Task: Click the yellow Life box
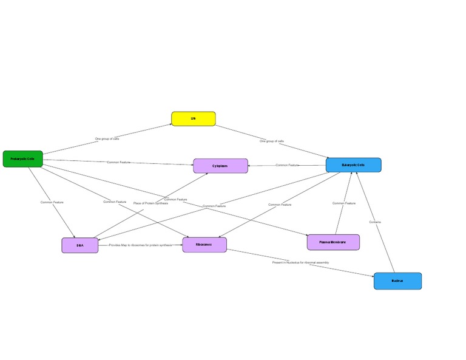click(x=193, y=118)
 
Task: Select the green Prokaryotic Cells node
click(x=22, y=159)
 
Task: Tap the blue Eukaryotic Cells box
click(x=353, y=165)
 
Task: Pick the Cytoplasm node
click(x=220, y=166)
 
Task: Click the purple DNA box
click(x=79, y=245)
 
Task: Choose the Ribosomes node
click(x=204, y=245)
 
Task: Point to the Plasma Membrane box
click(x=333, y=242)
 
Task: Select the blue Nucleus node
click(x=397, y=281)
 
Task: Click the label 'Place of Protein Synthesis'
click(x=150, y=203)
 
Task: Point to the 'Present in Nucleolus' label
click(x=300, y=262)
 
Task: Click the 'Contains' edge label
click(x=375, y=222)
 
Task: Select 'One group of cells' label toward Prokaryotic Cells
click(x=107, y=139)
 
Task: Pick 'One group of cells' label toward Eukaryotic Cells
click(x=272, y=141)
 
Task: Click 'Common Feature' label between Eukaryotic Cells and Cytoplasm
click(x=288, y=165)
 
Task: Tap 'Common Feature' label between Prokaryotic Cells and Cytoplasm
click(x=119, y=162)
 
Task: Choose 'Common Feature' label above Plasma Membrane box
click(x=343, y=203)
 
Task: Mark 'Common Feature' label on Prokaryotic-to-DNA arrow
click(x=52, y=202)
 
